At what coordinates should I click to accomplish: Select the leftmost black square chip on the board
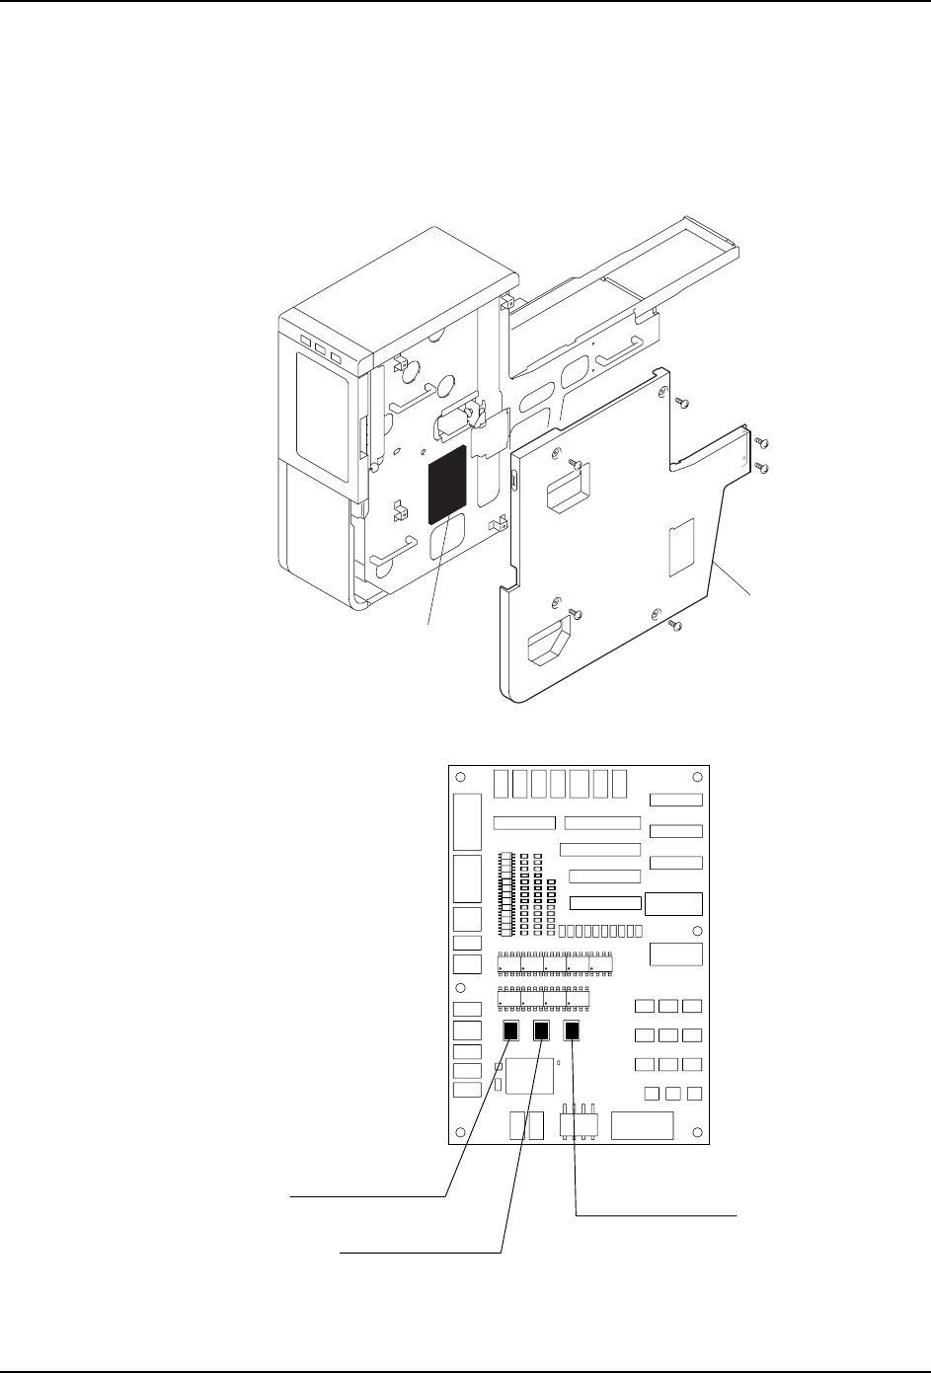tap(510, 1031)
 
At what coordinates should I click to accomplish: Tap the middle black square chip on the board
tap(541, 1031)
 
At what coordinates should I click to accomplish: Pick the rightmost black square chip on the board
tap(573, 1031)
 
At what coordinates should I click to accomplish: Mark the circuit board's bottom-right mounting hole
tap(697, 1131)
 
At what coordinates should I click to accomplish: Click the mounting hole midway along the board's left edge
tap(460, 989)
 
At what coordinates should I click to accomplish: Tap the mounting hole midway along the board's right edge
tap(697, 932)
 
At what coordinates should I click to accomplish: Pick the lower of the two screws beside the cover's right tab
tap(761, 464)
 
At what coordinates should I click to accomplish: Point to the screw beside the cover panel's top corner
tap(682, 402)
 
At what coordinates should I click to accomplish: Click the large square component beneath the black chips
tap(529, 1078)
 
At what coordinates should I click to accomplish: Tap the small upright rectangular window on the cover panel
tap(682, 549)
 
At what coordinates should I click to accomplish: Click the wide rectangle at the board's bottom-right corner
tap(642, 1125)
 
